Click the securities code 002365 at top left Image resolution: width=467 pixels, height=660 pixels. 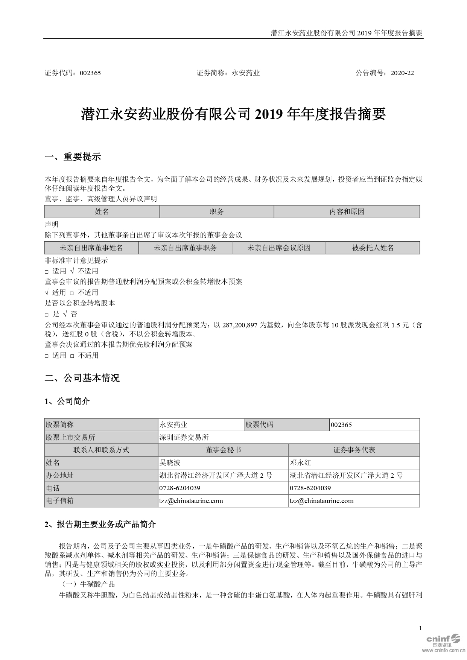point(90,73)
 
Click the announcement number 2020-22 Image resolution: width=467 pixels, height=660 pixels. point(402,73)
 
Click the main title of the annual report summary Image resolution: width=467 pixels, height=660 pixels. point(233,114)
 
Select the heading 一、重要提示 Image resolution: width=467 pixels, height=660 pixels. point(73,157)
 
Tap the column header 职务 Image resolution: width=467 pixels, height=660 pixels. point(216,212)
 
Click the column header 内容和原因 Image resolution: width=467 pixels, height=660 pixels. point(347,212)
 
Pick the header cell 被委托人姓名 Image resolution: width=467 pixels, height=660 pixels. point(373,248)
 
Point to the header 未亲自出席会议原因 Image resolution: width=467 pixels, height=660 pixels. point(279,248)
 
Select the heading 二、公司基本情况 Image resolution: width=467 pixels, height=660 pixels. point(82,378)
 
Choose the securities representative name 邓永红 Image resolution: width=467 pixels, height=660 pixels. point(300,462)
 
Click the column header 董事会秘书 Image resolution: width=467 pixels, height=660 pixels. point(223,450)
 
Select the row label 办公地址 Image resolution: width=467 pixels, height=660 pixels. point(59,475)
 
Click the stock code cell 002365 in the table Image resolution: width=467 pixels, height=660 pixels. point(341,425)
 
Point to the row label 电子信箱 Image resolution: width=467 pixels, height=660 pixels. point(59,500)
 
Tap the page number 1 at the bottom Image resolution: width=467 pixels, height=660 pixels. point(420,628)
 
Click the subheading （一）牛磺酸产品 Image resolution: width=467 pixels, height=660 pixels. point(88,584)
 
